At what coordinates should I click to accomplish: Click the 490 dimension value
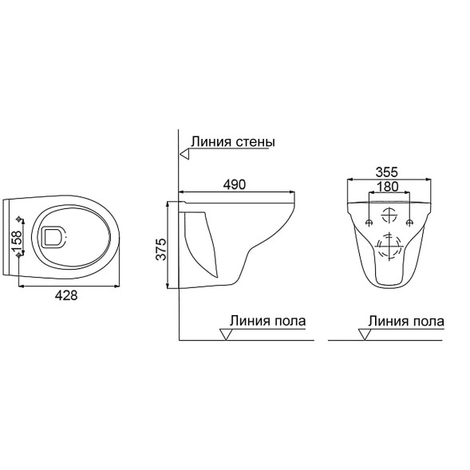(x=234, y=184)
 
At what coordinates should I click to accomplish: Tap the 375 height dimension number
(x=161, y=250)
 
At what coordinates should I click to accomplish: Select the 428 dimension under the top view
(x=66, y=295)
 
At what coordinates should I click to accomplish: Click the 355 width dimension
(x=387, y=172)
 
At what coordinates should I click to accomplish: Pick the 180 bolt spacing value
(x=387, y=187)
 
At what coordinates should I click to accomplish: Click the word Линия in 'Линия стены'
(x=211, y=141)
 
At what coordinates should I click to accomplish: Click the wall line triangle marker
(x=184, y=154)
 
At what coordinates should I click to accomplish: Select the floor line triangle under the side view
(x=226, y=334)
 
